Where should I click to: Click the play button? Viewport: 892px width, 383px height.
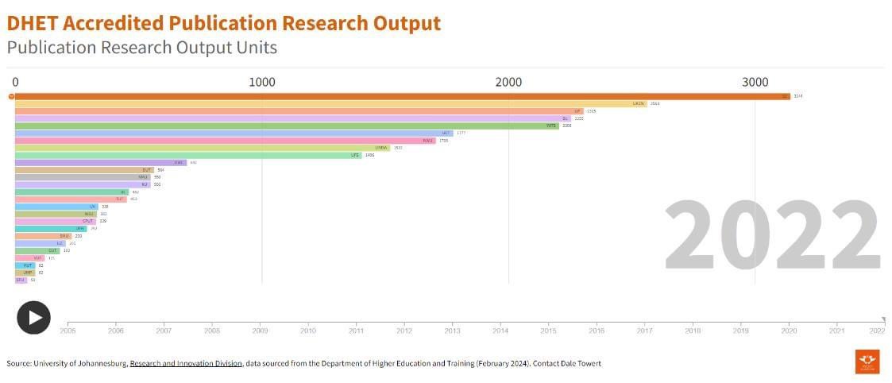pos(33,318)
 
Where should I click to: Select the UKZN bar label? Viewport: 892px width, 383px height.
pos(638,103)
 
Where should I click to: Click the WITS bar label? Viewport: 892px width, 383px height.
pos(550,126)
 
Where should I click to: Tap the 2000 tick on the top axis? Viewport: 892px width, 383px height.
pos(508,82)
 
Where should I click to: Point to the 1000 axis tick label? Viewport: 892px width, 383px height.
pos(262,82)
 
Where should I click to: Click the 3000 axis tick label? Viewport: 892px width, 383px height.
pos(755,82)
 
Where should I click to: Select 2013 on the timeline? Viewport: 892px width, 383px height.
pos(452,330)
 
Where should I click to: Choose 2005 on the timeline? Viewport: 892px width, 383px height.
pos(68,330)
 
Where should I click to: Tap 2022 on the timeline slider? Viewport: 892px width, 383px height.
pos(876,330)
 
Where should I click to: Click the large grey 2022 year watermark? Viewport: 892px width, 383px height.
pos(771,237)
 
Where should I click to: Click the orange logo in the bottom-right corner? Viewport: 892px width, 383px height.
pos(867,362)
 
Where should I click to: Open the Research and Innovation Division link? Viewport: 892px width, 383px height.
pos(186,363)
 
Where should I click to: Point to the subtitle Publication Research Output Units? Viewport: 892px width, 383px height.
pos(142,48)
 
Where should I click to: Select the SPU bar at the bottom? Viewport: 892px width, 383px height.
pos(20,280)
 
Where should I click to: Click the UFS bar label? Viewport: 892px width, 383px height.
pos(355,155)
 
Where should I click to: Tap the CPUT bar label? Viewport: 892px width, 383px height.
pos(87,221)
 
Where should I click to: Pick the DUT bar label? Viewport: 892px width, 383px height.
pos(147,170)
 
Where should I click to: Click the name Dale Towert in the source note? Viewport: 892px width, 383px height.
pos(578,363)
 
